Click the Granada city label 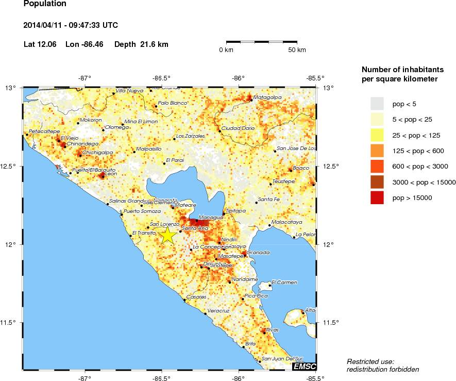point(258,252)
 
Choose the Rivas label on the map point(272,329)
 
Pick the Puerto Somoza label point(142,211)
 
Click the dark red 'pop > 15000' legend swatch point(377,197)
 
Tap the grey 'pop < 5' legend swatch point(377,104)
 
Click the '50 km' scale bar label point(297,50)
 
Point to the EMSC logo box point(304,367)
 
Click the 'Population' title point(45,4)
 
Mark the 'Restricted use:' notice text point(370,361)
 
